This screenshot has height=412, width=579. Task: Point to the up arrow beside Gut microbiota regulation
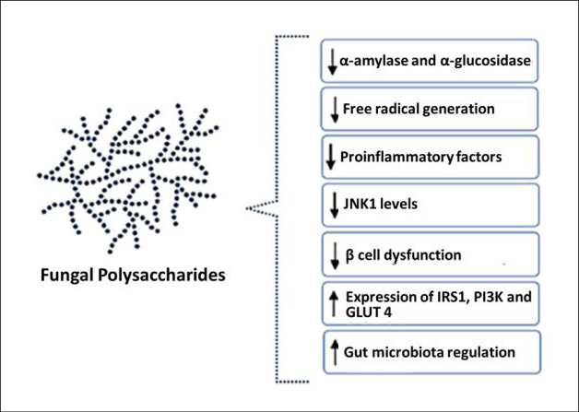coord(332,351)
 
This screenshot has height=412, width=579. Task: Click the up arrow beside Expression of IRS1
coord(332,302)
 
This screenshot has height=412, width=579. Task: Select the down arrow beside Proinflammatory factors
coord(332,157)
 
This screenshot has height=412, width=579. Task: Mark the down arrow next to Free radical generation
coord(332,109)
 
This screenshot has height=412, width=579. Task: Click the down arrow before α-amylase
coord(332,61)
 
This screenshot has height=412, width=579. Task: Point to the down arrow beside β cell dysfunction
coord(332,253)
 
